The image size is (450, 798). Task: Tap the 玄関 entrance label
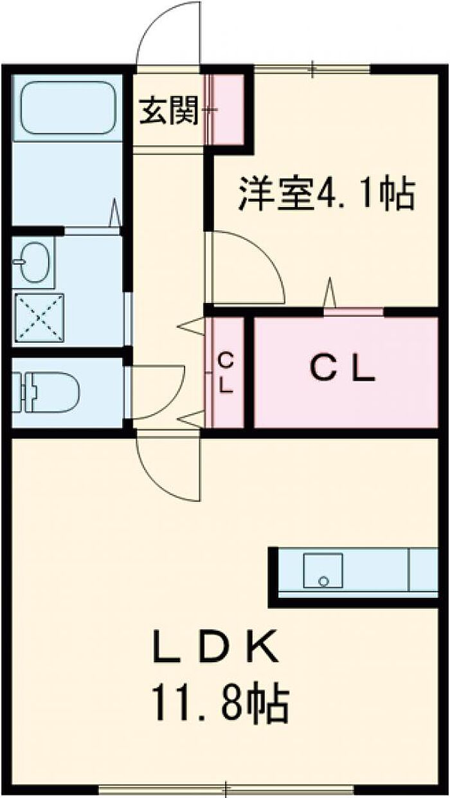[x=168, y=113]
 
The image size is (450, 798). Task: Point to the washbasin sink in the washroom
[x=32, y=262]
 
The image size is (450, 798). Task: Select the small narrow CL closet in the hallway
[x=226, y=373]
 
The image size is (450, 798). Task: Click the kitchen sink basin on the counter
[x=323, y=570]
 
